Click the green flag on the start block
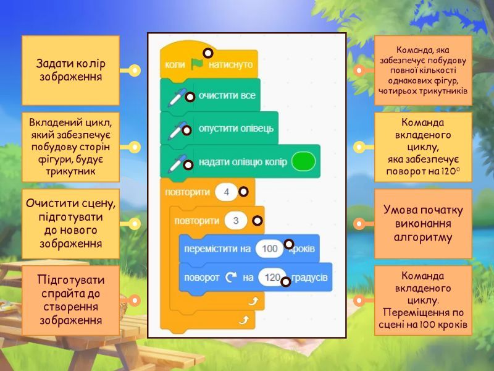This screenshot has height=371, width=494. [197, 64]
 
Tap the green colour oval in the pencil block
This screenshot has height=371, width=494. [303, 162]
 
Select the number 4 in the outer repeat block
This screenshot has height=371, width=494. [227, 192]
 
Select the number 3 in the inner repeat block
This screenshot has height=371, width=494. [236, 221]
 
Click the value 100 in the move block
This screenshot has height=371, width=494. [269, 249]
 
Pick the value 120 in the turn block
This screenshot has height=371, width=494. [272, 278]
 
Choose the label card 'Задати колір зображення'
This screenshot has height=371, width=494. [70, 70]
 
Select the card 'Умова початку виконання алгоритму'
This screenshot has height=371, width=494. [423, 223]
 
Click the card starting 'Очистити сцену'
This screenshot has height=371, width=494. [70, 223]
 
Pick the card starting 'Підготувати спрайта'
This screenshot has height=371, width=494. [70, 300]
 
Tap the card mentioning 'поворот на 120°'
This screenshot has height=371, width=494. [423, 147]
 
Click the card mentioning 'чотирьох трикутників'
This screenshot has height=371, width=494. [423, 70]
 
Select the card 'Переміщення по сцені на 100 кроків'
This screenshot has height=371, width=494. [423, 300]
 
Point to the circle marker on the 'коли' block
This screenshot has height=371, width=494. [208, 53]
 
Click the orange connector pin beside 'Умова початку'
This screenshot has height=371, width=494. [359, 223]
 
